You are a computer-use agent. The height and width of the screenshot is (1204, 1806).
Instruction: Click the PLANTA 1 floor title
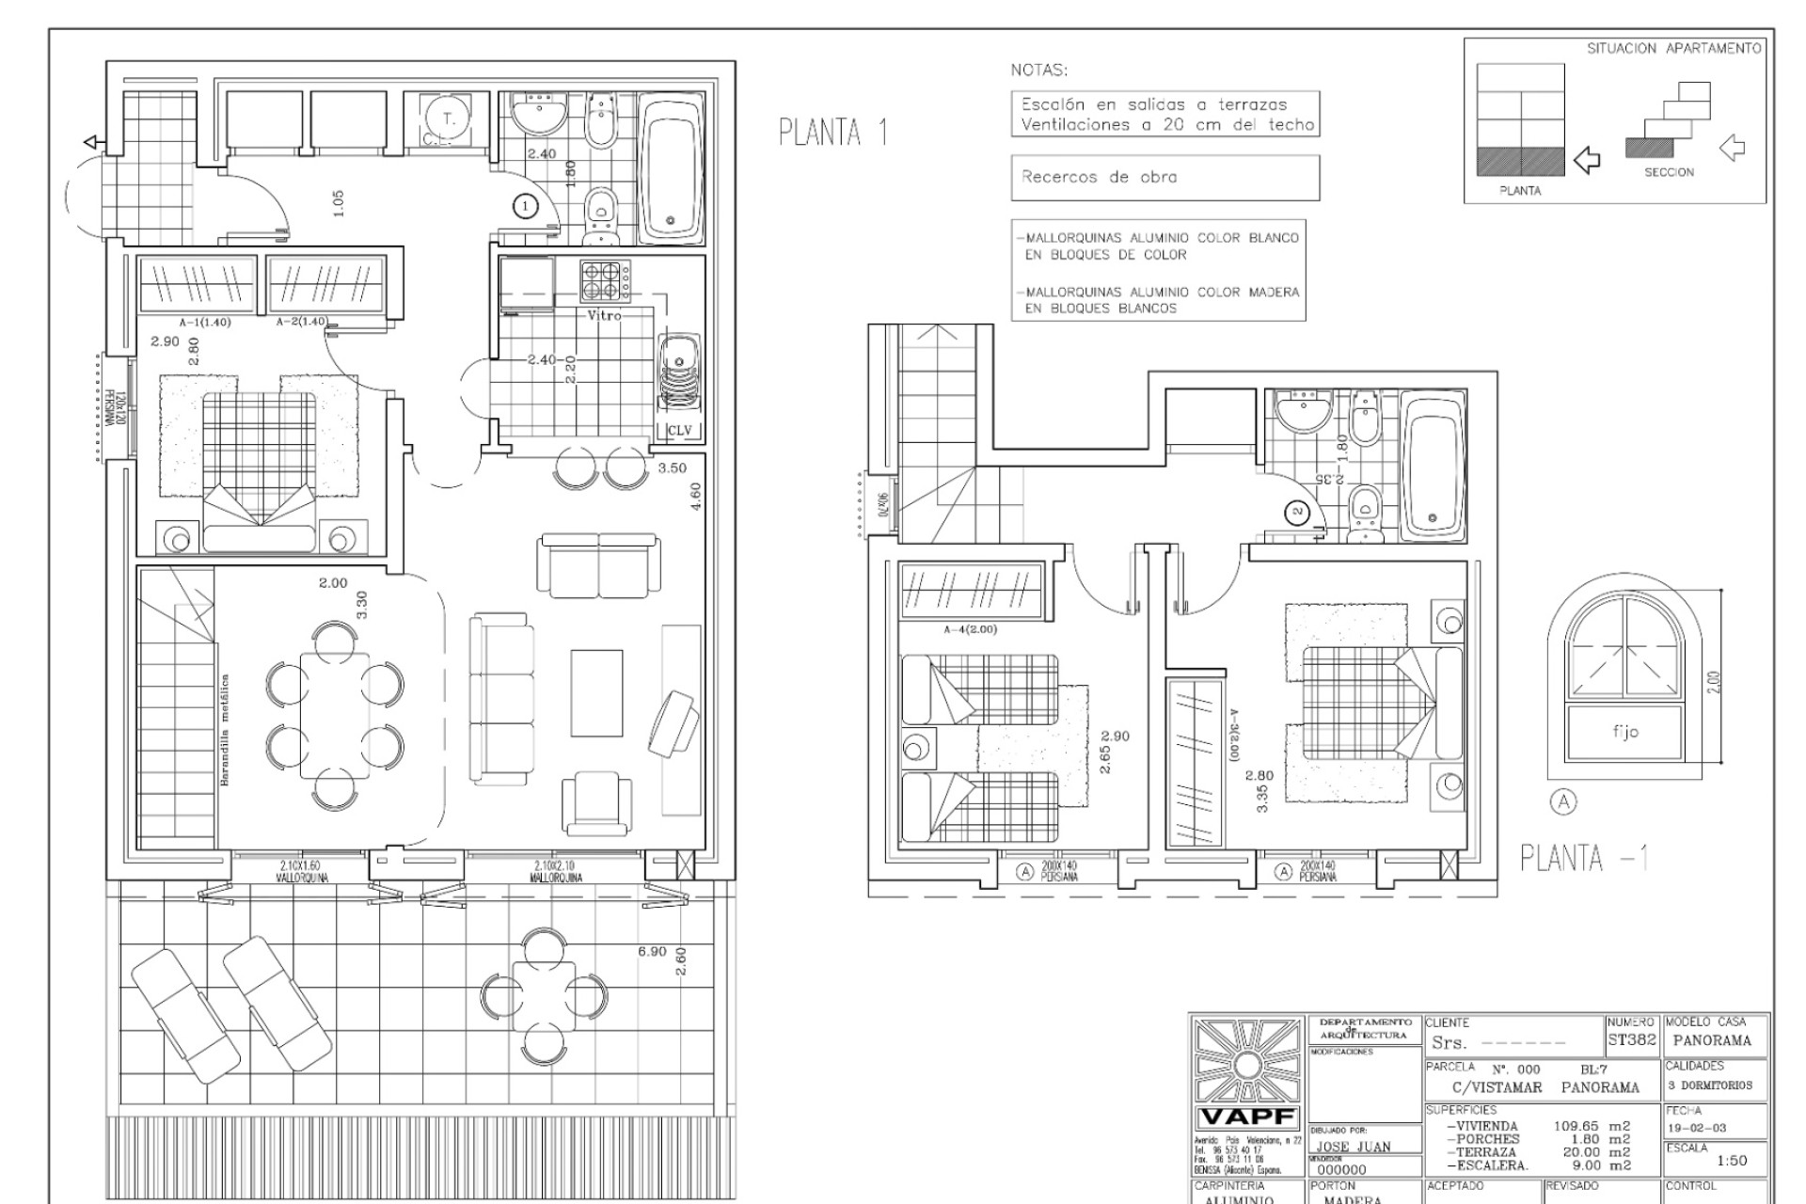(x=833, y=133)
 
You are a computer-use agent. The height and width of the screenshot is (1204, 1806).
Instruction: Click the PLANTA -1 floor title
(x=1584, y=858)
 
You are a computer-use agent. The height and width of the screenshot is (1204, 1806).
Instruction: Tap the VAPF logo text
(x=1247, y=1118)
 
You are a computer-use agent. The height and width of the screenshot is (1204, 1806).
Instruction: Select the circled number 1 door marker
(x=525, y=206)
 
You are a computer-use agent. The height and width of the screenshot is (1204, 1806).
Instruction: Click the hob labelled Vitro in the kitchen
(x=606, y=280)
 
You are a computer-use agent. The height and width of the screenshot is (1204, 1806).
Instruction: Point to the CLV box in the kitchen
(x=678, y=431)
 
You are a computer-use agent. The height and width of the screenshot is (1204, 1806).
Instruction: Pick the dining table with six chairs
(x=335, y=714)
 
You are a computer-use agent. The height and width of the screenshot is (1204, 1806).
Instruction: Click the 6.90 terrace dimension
(x=652, y=952)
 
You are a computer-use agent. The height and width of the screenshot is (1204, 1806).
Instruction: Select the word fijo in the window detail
(x=1624, y=731)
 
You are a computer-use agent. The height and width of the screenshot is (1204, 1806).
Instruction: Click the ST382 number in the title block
(x=1633, y=1040)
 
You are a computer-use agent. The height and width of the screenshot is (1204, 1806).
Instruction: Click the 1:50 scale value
(x=1731, y=1161)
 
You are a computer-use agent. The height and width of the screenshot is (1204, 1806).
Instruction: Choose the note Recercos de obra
(x=1099, y=177)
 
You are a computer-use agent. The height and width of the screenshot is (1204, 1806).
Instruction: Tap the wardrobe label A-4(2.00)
(x=969, y=629)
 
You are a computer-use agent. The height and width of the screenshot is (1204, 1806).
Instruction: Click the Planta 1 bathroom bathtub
(x=669, y=167)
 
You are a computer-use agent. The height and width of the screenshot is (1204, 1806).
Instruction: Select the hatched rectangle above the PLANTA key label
(x=1519, y=161)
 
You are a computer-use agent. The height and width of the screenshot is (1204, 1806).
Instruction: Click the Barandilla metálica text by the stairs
(x=225, y=730)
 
